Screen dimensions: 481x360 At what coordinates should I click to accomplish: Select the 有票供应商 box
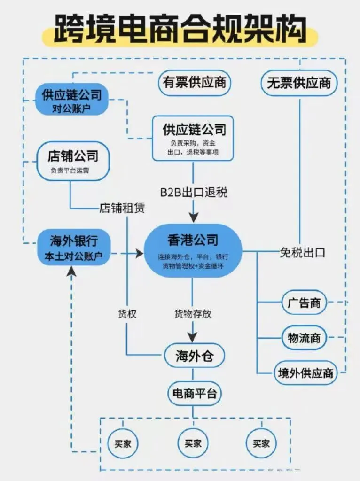click(194, 83)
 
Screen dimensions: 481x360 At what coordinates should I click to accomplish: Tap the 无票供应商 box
click(299, 83)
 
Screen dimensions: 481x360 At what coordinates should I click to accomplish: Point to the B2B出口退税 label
click(192, 193)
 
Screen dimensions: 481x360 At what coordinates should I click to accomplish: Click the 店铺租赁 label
click(122, 208)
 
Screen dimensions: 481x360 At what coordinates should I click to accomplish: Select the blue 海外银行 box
click(73, 248)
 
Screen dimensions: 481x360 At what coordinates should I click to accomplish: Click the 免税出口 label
click(302, 252)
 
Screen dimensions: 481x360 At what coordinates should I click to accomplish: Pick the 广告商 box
click(304, 303)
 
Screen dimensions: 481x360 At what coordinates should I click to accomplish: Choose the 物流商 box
click(304, 338)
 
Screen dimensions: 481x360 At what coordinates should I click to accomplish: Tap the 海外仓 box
click(194, 357)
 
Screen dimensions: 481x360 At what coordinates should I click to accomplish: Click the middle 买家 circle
click(193, 443)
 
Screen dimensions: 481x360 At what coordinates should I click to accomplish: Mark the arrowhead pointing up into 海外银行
click(71, 271)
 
